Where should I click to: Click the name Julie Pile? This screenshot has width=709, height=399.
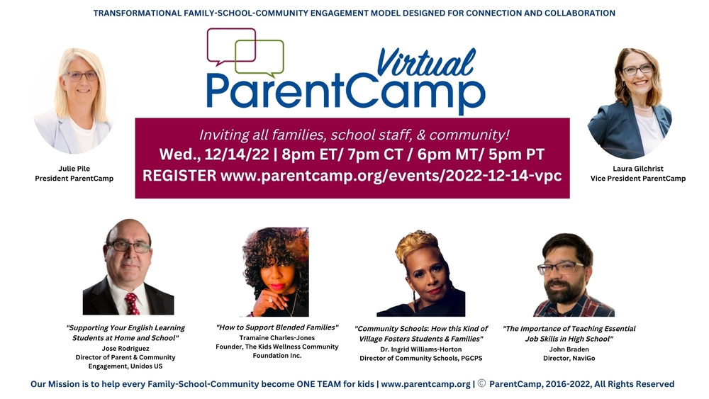pyautogui.click(x=74, y=169)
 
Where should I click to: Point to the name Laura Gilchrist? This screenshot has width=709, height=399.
pyautogui.click(x=637, y=169)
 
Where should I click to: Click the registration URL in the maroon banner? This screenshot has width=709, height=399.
pyautogui.click(x=391, y=175)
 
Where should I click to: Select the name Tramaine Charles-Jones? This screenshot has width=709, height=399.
pyautogui.click(x=277, y=337)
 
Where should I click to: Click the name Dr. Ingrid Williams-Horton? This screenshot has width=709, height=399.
pyautogui.click(x=420, y=349)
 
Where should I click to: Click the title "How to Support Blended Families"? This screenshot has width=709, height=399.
pyautogui.click(x=277, y=327)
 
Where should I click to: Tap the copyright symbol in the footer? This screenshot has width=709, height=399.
pyautogui.click(x=481, y=384)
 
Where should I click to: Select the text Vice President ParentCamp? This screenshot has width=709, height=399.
pyautogui.click(x=637, y=179)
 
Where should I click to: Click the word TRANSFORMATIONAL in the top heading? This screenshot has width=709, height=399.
pyautogui.click(x=144, y=13)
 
